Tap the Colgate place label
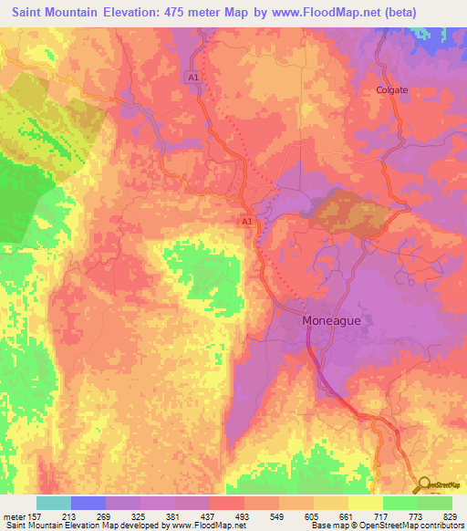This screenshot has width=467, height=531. pyautogui.click(x=392, y=90)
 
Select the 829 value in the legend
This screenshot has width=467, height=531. pyautogui.click(x=450, y=515)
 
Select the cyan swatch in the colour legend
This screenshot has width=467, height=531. pyautogui.click(x=54, y=503)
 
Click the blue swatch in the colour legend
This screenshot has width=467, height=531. pyautogui.click(x=88, y=503)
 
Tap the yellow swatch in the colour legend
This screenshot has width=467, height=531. pyautogui.click(x=364, y=503)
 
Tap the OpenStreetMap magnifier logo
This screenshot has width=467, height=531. pyautogui.click(x=423, y=485)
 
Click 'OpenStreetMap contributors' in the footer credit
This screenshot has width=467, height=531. pyautogui.click(x=406, y=526)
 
